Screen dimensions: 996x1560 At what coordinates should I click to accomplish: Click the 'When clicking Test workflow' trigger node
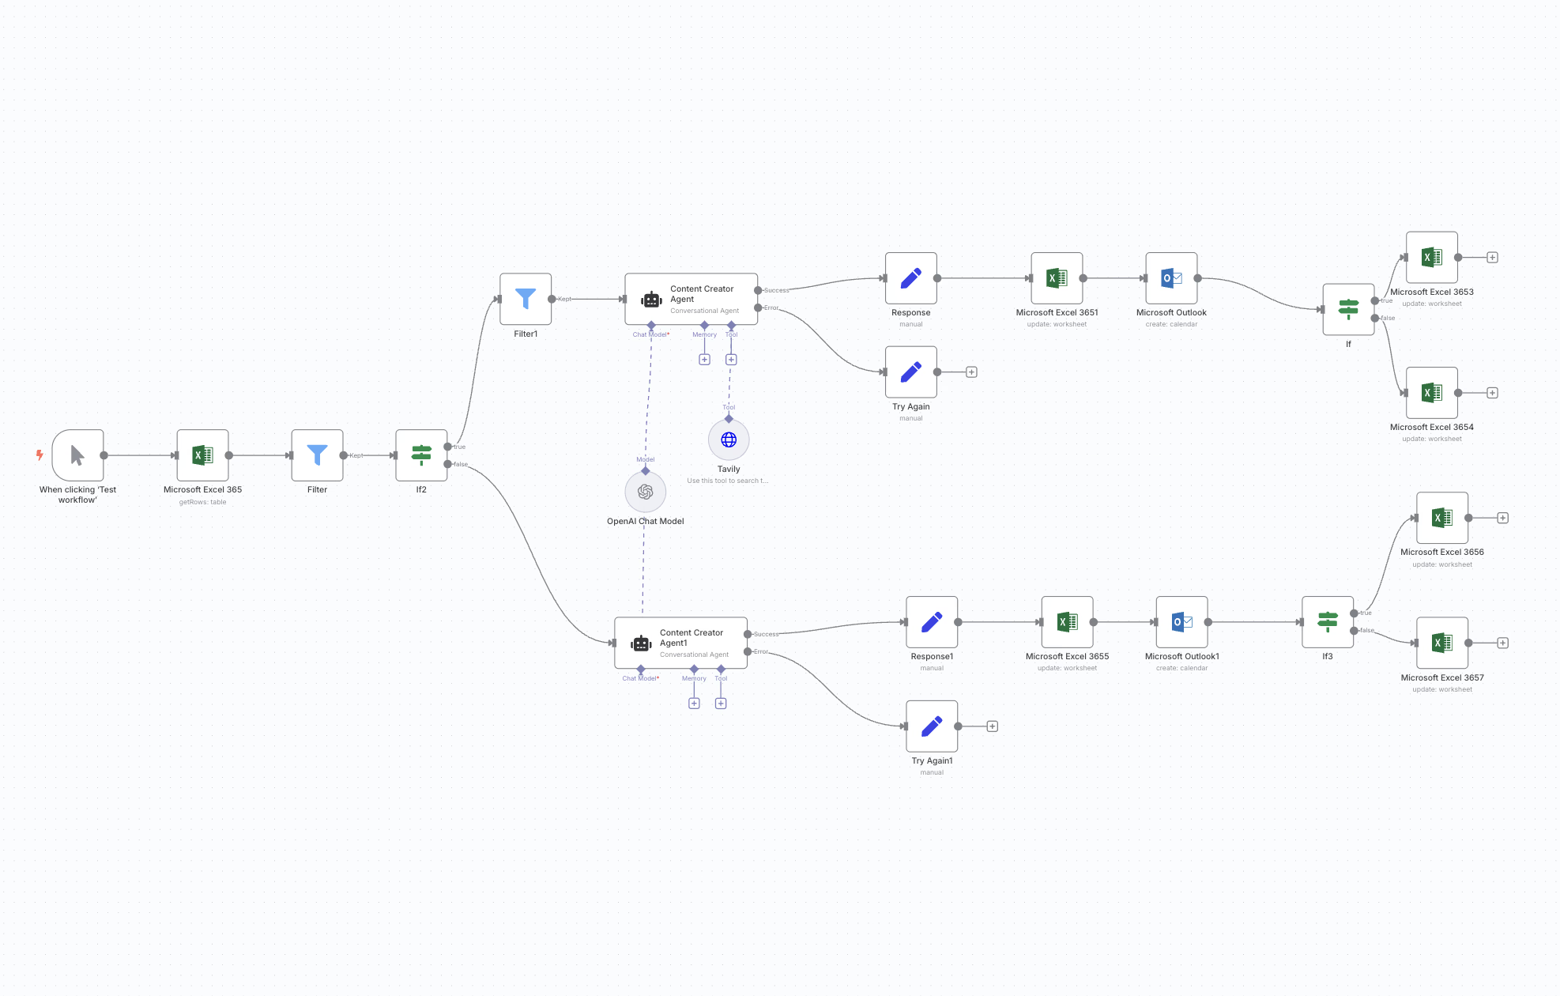[x=77, y=455]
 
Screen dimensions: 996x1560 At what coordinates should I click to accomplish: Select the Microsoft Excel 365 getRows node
[x=202, y=455]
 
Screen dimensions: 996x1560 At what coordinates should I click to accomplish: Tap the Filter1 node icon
[x=526, y=299]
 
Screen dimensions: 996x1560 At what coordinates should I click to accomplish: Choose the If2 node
[x=421, y=455]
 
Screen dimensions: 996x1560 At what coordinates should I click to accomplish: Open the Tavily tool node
[x=729, y=440]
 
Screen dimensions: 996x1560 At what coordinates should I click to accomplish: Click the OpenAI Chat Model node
[x=645, y=492]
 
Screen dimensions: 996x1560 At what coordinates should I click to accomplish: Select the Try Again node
[x=910, y=372]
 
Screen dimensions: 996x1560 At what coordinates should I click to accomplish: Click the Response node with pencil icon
[x=910, y=278]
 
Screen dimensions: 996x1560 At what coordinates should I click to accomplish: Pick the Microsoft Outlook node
[x=1171, y=278]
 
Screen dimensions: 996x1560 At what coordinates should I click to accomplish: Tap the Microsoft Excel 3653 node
[x=1431, y=257]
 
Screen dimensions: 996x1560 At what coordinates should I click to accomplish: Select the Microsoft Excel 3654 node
[x=1431, y=393]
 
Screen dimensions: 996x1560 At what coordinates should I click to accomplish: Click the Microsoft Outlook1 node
[x=1181, y=622]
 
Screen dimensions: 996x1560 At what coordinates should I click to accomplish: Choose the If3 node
[x=1327, y=622]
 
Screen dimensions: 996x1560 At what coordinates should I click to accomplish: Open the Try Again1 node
[x=932, y=726]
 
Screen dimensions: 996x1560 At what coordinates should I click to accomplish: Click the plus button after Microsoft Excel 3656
[x=1502, y=518]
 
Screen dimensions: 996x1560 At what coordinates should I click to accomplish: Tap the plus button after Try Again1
[x=992, y=726]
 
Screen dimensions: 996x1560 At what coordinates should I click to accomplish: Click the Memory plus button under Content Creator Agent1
[x=694, y=704]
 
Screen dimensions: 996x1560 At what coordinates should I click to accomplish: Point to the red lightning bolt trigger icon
[x=40, y=455]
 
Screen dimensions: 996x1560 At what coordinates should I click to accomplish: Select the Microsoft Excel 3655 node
[x=1067, y=622]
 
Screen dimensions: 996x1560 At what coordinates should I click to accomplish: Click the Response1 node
[x=932, y=622]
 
